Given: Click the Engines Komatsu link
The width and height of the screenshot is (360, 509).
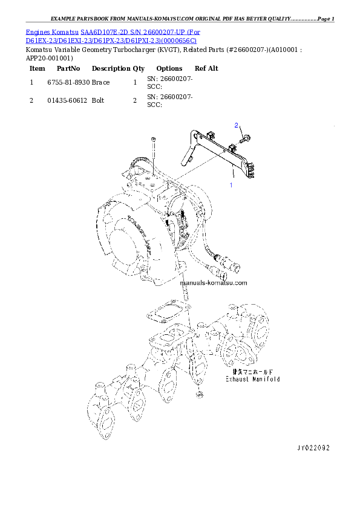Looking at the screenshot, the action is coord(52,32).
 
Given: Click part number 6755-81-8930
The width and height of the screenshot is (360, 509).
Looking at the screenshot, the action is coord(68,82).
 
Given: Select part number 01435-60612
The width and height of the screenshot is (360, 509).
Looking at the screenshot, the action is coord(67,100).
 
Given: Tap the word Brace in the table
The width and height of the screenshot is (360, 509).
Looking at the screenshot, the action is coord(100,82).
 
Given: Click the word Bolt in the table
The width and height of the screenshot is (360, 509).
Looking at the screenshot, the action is coord(98,100).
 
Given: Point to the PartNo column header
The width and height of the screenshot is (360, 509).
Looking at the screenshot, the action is coord(68,68).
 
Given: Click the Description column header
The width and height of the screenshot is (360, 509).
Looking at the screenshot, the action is coord(111,68).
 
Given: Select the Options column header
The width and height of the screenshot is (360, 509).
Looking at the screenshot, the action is coord(169,68).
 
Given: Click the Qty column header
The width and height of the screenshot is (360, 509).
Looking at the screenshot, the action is coord(139,69).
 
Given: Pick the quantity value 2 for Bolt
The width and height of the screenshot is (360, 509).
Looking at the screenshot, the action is coord(135,100).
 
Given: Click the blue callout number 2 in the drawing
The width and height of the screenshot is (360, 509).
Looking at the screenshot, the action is coord(236,125).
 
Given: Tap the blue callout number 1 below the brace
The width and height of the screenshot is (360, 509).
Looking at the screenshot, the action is coord(231,185).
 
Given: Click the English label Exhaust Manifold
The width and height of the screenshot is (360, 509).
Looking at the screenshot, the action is coord(253,379).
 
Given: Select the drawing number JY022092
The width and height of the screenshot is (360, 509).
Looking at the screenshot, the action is coord(313,448).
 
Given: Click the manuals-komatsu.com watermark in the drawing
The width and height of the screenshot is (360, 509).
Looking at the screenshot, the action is coord(214,283).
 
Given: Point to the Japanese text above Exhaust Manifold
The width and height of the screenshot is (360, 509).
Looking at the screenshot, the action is coord(253,372).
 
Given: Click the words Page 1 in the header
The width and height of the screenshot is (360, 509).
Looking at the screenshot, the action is coord(326,19).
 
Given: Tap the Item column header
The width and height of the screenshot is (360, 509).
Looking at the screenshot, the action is coord(38,68).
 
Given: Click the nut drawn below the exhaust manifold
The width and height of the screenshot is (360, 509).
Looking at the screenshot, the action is coord(200,394).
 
